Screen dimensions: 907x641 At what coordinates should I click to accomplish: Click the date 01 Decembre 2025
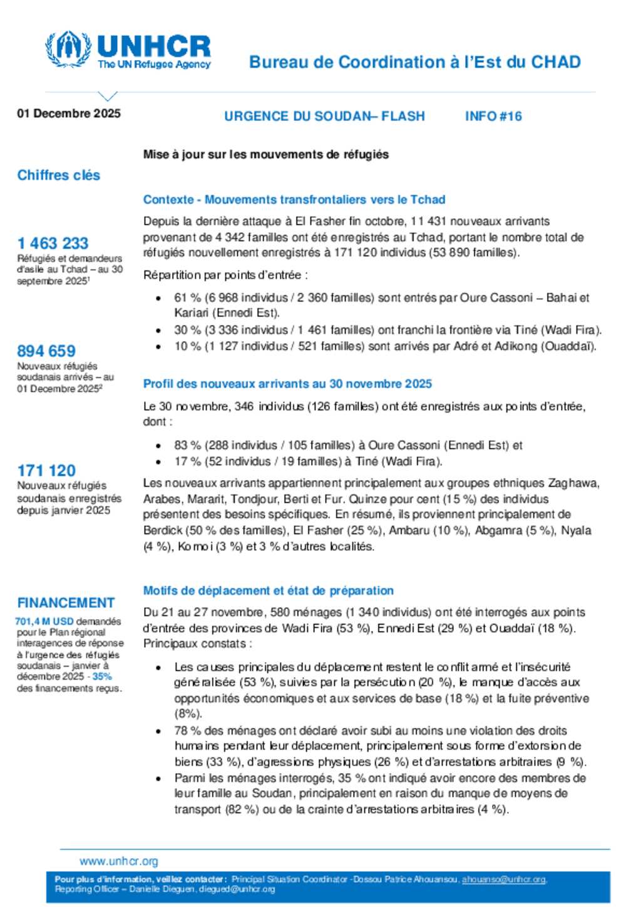tap(69, 113)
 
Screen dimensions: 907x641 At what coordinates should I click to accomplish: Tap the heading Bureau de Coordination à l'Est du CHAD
tap(414, 62)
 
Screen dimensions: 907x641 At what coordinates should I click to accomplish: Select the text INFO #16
tap(493, 116)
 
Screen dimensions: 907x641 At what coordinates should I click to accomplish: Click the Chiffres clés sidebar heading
tap(59, 175)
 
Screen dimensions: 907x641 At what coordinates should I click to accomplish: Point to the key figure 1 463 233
tap(53, 243)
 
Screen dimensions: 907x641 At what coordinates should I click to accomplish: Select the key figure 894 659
tap(46, 351)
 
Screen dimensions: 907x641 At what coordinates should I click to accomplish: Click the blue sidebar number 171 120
tap(46, 470)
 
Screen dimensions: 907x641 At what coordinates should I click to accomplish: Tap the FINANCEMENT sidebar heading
tap(66, 603)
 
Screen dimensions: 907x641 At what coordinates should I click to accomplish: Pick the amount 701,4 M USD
tap(44, 622)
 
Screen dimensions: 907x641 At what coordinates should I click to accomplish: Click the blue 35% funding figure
tap(102, 677)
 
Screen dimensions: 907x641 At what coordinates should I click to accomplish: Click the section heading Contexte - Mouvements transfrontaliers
tap(294, 200)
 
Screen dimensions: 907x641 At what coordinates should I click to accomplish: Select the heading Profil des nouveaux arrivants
tap(287, 384)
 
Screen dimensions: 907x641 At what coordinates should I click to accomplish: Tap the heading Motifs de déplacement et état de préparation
tap(269, 590)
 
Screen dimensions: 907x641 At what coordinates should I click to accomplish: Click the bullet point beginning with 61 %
tap(159, 299)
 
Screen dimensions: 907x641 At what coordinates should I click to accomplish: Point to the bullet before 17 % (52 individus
tap(159, 462)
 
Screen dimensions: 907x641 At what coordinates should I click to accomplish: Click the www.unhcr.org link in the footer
tap(119, 861)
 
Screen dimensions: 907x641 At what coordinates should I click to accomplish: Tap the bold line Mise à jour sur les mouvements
tap(266, 155)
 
